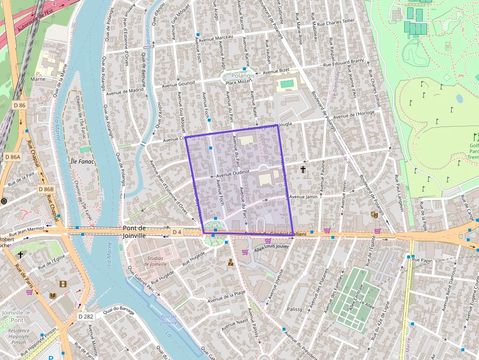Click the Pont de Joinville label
click(x=134, y=232)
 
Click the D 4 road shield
click(x=177, y=232)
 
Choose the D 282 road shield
click(x=86, y=317)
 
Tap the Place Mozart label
click(x=238, y=82)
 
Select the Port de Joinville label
click(x=169, y=319)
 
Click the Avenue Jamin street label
click(x=304, y=196)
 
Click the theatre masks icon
click(x=375, y=214)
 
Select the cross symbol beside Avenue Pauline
click(x=303, y=169)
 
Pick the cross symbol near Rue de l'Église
click(x=21, y=254)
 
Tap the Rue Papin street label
click(x=423, y=260)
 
